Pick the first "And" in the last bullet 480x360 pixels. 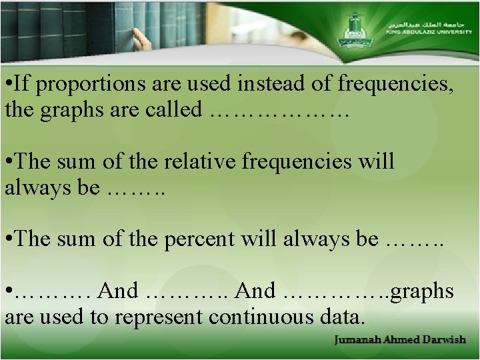pyautogui.click(x=118, y=291)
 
